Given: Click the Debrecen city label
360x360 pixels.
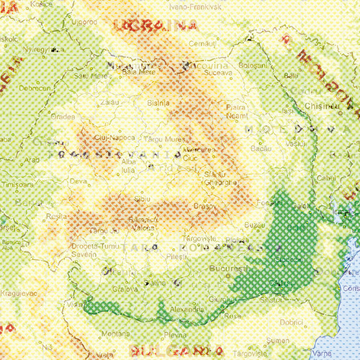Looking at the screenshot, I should [x=35, y=88].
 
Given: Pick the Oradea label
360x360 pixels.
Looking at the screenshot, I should [x=63, y=115].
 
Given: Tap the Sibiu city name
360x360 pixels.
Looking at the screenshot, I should [x=142, y=197].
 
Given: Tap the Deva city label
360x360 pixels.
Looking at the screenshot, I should [x=78, y=181].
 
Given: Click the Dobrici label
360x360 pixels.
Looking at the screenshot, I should [x=292, y=322].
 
